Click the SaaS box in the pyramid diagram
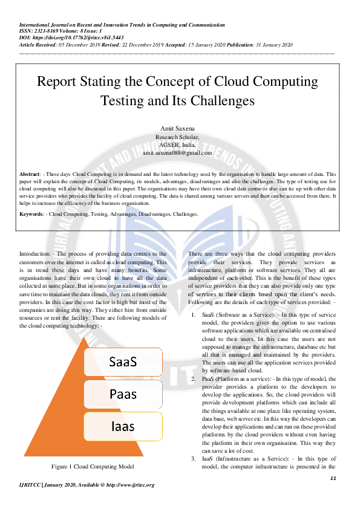coord(123,361)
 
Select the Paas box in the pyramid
coord(123,394)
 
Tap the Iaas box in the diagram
coord(123,426)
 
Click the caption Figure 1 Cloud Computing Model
coord(93,466)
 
